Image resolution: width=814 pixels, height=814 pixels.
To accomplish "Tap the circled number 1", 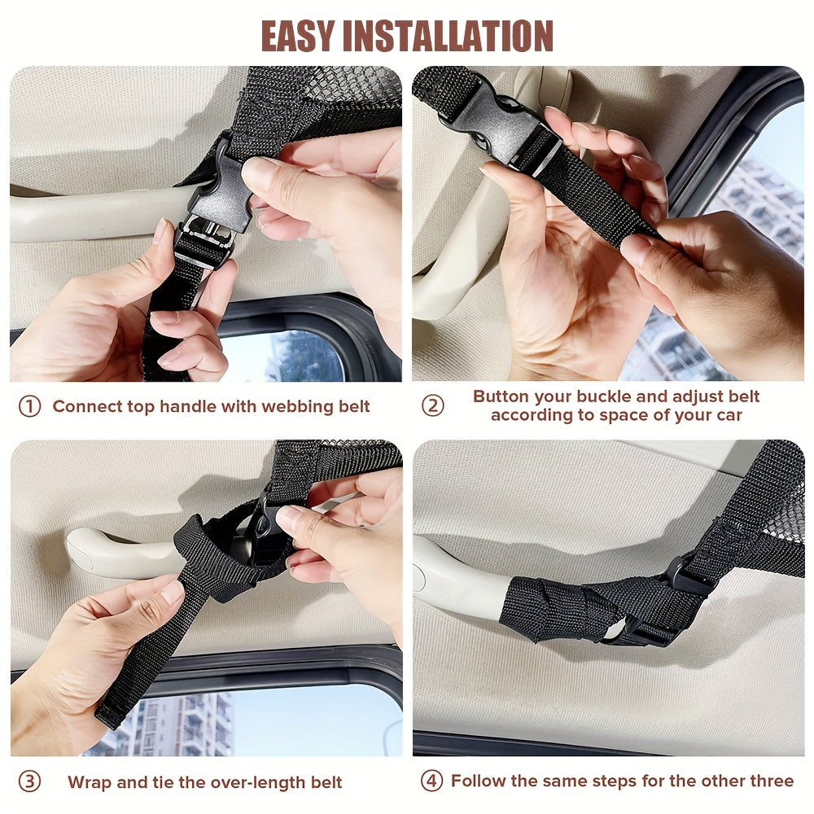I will click(x=29, y=406).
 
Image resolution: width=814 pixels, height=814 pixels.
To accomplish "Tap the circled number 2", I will click(x=432, y=405).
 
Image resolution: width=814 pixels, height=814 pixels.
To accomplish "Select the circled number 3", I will click(x=29, y=782).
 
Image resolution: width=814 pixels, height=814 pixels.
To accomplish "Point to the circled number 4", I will click(x=431, y=781).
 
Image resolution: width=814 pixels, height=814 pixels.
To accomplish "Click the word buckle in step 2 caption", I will click(x=636, y=397).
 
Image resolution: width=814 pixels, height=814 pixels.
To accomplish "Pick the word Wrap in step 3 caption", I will click(x=87, y=783).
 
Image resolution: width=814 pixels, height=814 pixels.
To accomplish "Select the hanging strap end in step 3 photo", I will click(x=138, y=667).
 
